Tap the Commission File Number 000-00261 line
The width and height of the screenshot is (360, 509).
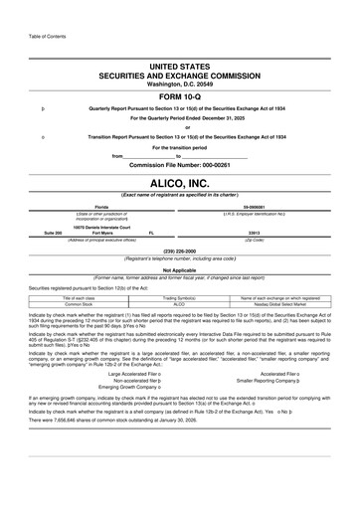(179, 164)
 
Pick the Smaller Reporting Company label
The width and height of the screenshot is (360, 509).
(249, 408)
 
